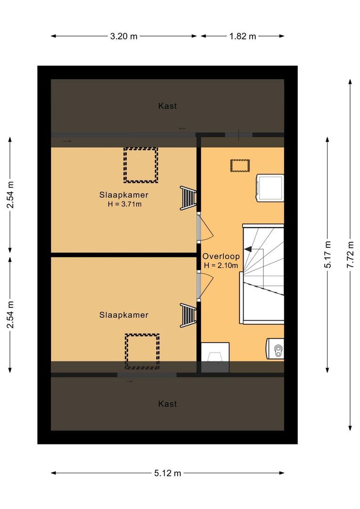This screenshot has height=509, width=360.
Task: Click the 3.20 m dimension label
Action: (x=123, y=36)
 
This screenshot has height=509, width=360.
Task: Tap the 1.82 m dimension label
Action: (x=243, y=36)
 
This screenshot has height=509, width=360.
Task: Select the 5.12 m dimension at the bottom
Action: (x=167, y=473)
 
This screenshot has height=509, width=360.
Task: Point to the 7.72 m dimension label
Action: (x=350, y=254)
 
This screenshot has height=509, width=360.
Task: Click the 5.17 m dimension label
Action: (x=327, y=254)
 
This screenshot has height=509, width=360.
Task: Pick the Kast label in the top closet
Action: (x=167, y=106)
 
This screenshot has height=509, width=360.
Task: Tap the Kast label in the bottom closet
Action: (x=167, y=404)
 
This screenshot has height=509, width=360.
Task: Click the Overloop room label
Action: (x=221, y=256)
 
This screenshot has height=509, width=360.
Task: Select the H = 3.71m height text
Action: (x=124, y=204)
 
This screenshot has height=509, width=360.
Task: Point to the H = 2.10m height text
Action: (x=221, y=265)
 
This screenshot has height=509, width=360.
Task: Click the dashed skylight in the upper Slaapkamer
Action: (x=140, y=165)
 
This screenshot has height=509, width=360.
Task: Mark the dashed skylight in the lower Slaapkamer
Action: (x=142, y=352)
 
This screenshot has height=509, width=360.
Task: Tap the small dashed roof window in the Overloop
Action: (x=240, y=165)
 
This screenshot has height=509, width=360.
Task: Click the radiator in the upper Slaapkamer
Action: (x=188, y=198)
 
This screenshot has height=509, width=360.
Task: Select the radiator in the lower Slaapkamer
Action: (x=188, y=315)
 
